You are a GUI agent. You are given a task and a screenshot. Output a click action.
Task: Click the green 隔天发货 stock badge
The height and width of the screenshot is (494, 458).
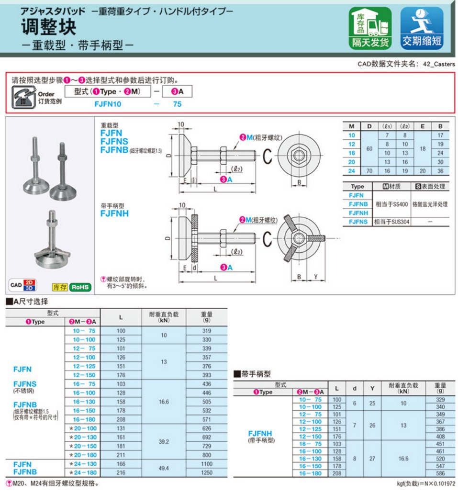tap(369, 28)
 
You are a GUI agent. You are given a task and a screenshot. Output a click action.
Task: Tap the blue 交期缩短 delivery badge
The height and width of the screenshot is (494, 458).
tap(421, 28)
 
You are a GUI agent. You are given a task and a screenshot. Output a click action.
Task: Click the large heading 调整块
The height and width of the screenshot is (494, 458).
tap(48, 27)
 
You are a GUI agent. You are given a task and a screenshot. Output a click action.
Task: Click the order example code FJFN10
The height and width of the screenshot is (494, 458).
tap(108, 104)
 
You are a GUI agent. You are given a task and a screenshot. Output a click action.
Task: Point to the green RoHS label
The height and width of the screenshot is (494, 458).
tap(80, 287)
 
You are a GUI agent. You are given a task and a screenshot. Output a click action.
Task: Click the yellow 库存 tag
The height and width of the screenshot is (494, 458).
tap(59, 287)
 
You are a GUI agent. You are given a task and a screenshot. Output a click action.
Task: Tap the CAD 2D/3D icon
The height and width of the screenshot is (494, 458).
tap(24, 285)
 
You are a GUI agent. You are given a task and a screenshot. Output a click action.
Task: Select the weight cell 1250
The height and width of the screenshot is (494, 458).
tap(206, 472)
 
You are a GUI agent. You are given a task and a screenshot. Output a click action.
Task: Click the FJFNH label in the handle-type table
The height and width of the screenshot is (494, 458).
tap(260, 434)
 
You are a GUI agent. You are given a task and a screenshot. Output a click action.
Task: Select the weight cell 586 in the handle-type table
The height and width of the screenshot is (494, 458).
tap(440, 473)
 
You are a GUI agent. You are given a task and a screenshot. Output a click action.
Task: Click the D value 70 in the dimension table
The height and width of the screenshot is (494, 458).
tap(369, 170)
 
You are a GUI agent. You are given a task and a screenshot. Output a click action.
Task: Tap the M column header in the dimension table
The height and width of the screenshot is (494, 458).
tap(352, 126)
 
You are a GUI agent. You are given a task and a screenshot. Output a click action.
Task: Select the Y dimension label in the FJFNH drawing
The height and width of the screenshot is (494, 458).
tap(316, 277)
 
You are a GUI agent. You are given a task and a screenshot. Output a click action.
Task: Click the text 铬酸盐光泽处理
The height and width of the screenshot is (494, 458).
tap(429, 204)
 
